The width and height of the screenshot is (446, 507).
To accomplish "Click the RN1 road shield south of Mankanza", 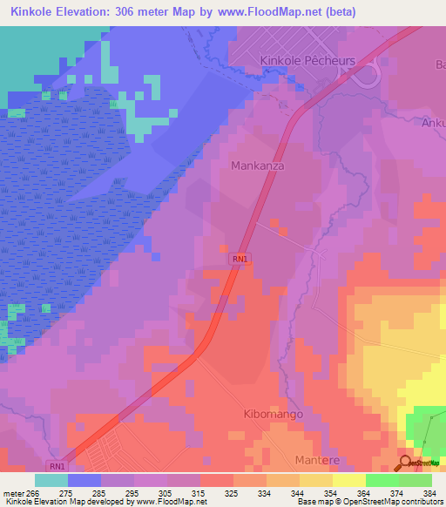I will click(x=241, y=259).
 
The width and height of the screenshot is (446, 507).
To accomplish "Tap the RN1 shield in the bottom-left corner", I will click(x=57, y=466).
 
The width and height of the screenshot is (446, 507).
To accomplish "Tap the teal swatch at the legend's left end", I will click(x=51, y=480).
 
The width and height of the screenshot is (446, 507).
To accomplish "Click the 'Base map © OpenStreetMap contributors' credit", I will click(x=369, y=502).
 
